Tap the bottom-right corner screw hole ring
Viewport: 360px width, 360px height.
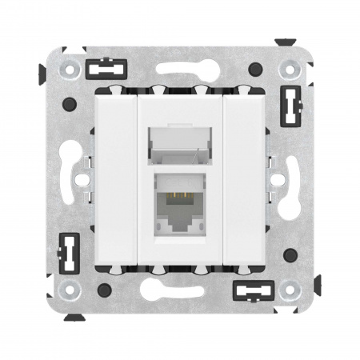[x=290, y=290]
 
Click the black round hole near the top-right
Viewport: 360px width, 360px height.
[x=255, y=69]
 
